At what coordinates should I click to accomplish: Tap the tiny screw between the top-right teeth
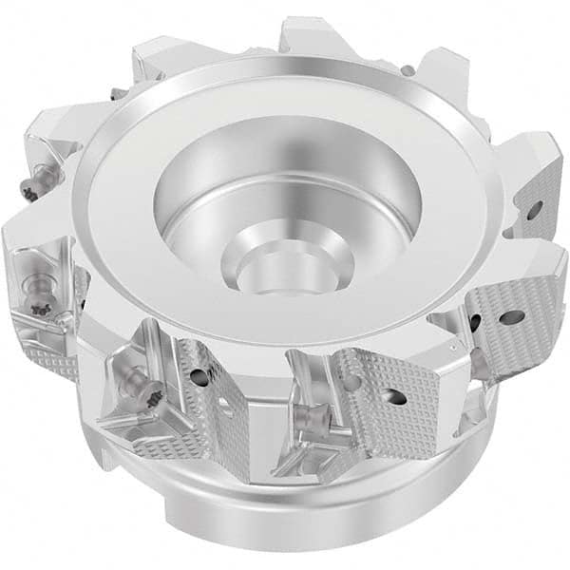(406, 68)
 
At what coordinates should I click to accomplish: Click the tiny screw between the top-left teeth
(114, 92)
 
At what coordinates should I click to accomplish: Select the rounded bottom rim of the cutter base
(285, 532)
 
